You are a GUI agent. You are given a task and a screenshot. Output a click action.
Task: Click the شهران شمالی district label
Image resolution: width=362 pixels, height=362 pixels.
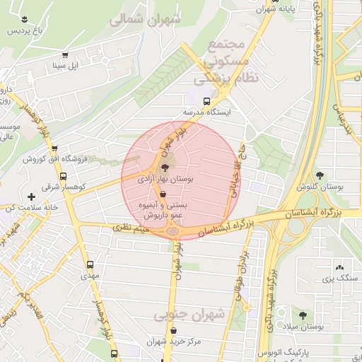(145, 21)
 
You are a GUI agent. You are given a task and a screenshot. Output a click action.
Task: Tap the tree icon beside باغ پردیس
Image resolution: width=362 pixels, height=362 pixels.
(25, 19)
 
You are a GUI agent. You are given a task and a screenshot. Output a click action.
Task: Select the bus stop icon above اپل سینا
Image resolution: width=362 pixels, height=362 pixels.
(65, 55)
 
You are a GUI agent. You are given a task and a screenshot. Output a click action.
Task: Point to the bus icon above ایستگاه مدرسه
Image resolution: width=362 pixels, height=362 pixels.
(206, 101)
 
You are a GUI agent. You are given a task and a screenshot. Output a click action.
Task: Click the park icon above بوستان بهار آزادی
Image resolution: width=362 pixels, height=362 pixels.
(165, 168)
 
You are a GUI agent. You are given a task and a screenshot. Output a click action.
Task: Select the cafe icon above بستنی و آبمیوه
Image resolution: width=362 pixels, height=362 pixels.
(164, 193)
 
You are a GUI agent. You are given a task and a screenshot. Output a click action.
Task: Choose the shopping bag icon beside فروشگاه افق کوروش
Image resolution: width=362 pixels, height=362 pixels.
(65, 159)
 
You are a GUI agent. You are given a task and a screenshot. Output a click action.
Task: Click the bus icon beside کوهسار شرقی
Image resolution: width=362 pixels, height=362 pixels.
(64, 176)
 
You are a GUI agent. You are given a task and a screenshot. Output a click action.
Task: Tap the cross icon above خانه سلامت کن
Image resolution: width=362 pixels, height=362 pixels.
(30, 197)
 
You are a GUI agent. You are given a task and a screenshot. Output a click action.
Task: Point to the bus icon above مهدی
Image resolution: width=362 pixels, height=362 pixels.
(90, 264)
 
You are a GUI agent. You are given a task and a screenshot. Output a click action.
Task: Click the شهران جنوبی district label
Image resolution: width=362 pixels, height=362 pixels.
(197, 315)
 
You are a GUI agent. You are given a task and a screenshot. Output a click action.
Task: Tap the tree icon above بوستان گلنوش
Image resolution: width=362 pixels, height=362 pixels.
(320, 175)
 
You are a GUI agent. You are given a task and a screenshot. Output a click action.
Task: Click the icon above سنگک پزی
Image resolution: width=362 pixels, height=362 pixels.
(341, 267)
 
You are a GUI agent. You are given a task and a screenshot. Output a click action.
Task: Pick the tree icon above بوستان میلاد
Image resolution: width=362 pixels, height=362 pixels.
(303, 315)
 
